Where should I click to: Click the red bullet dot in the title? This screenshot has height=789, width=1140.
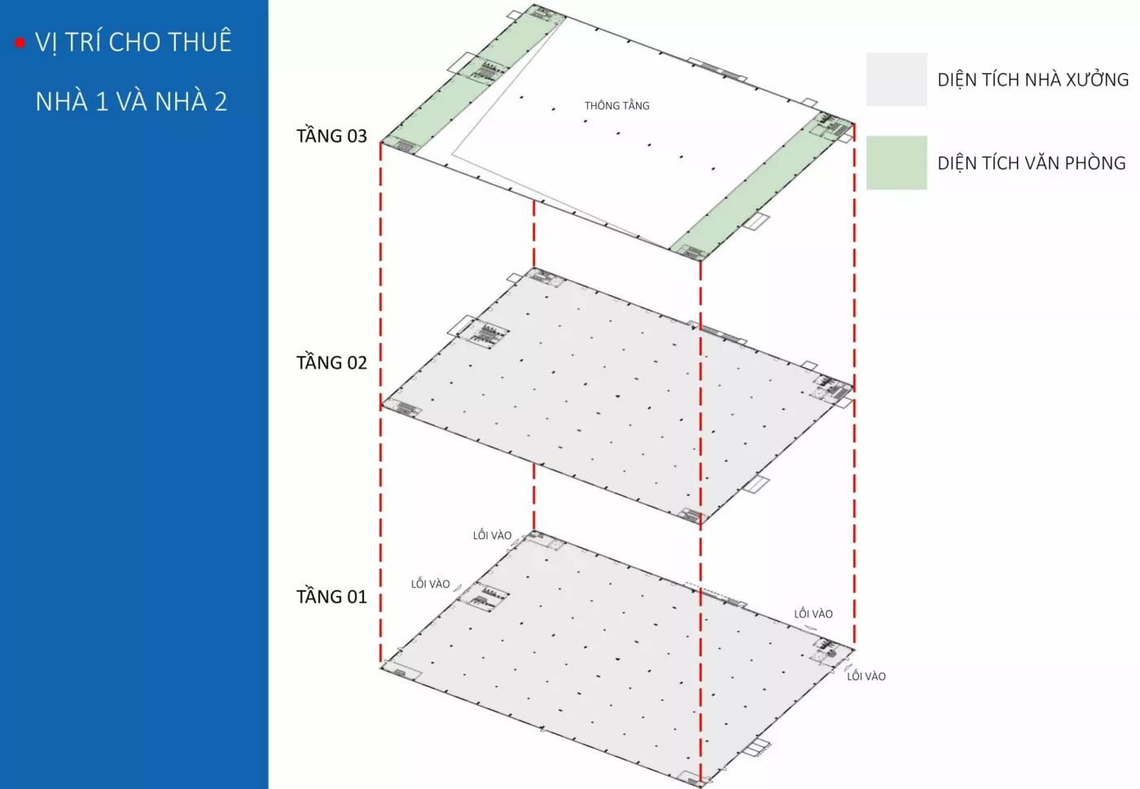(20, 43)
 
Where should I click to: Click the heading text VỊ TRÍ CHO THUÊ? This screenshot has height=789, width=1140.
(134, 41)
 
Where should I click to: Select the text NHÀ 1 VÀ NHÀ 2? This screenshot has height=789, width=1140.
(131, 101)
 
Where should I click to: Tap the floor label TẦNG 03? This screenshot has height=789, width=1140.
(331, 135)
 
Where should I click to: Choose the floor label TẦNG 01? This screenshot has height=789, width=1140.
(331, 596)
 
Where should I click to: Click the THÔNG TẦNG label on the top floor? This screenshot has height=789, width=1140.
(617, 105)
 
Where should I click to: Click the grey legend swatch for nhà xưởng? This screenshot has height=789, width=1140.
(897, 80)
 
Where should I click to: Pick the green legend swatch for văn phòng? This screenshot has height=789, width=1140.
(897, 163)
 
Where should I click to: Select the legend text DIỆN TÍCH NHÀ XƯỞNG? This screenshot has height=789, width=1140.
(1033, 80)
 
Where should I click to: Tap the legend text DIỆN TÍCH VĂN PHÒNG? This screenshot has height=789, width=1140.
(1032, 163)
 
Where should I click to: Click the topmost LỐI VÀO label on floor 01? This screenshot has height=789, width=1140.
(492, 535)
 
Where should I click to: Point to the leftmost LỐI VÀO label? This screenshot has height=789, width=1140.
(431, 583)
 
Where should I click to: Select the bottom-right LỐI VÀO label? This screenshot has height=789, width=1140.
(866, 676)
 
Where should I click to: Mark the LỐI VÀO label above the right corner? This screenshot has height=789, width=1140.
(813, 613)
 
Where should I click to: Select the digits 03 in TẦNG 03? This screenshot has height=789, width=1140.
(357, 136)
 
